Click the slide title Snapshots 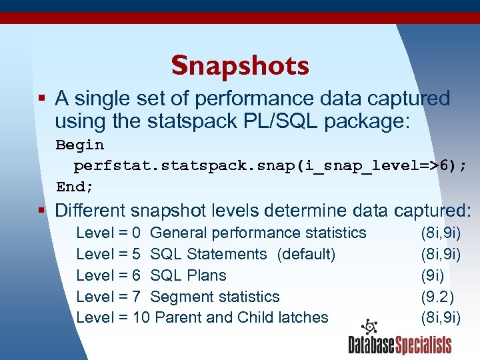click(240, 65)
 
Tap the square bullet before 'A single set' click(42, 99)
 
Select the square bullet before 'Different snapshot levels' click(42, 211)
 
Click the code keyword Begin click(79, 145)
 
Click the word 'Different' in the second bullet click(91, 211)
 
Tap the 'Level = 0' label click(108, 233)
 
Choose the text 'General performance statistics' click(258, 233)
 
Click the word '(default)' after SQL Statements click(306, 254)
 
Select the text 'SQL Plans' click(188, 275)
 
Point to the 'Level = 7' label click(108, 297)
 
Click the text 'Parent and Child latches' click(241, 318)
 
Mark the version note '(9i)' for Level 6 click(432, 275)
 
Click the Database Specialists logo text click(399, 345)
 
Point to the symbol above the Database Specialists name click(369, 327)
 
